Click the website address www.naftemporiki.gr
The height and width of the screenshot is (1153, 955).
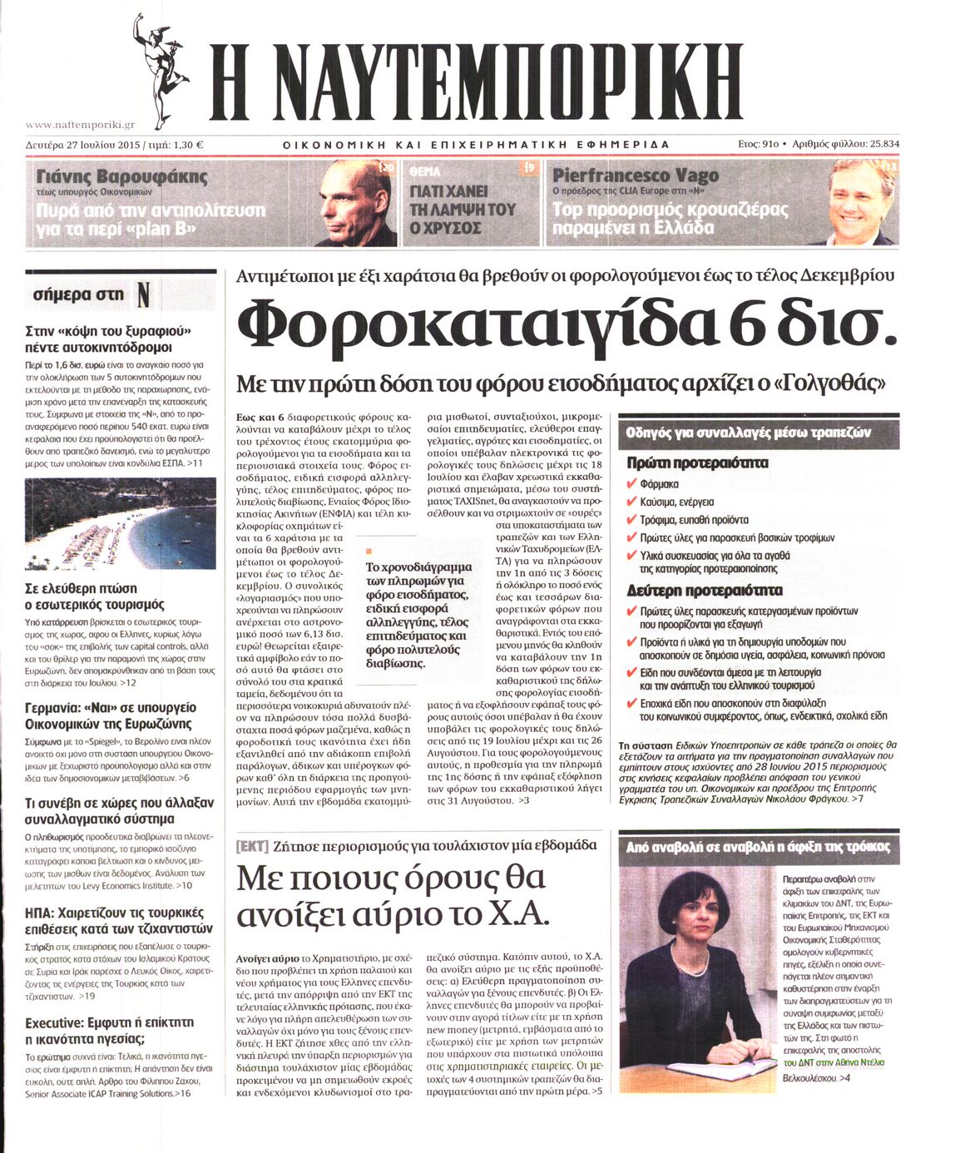point(80,125)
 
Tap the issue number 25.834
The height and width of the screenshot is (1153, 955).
point(884,144)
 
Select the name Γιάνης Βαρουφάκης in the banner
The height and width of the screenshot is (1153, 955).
point(122,176)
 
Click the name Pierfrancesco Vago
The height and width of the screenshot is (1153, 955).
point(636,176)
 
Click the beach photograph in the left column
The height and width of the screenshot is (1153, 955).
point(121,523)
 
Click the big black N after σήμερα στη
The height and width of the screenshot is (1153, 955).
point(143,294)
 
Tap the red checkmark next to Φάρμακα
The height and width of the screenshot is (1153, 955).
point(632,483)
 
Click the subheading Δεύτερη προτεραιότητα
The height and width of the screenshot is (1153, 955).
point(704,591)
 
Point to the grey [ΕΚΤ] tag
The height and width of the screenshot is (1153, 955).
point(252,845)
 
